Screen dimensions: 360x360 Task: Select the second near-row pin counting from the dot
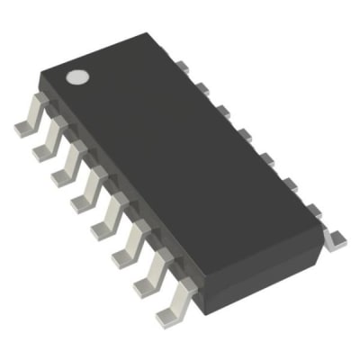coord(48,142)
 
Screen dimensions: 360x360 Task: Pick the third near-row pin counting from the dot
coord(67,166)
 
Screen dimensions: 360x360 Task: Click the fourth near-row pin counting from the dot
coord(88,191)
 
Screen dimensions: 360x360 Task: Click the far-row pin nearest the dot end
coord(181,65)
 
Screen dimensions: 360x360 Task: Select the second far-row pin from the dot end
coord(202,87)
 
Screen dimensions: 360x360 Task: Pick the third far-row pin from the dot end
coord(222,111)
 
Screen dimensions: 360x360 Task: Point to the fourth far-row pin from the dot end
coord(243,135)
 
